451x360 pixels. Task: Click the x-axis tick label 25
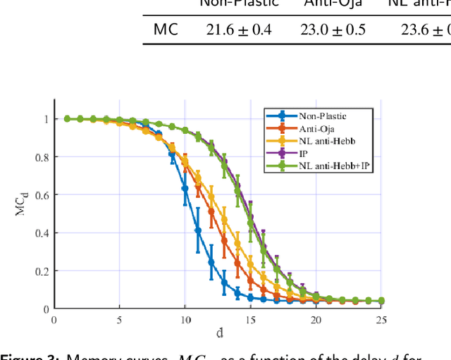point(381,320)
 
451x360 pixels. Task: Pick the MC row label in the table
point(166,30)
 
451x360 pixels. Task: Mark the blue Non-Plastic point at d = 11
point(198,230)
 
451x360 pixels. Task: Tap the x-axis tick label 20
point(316,320)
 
